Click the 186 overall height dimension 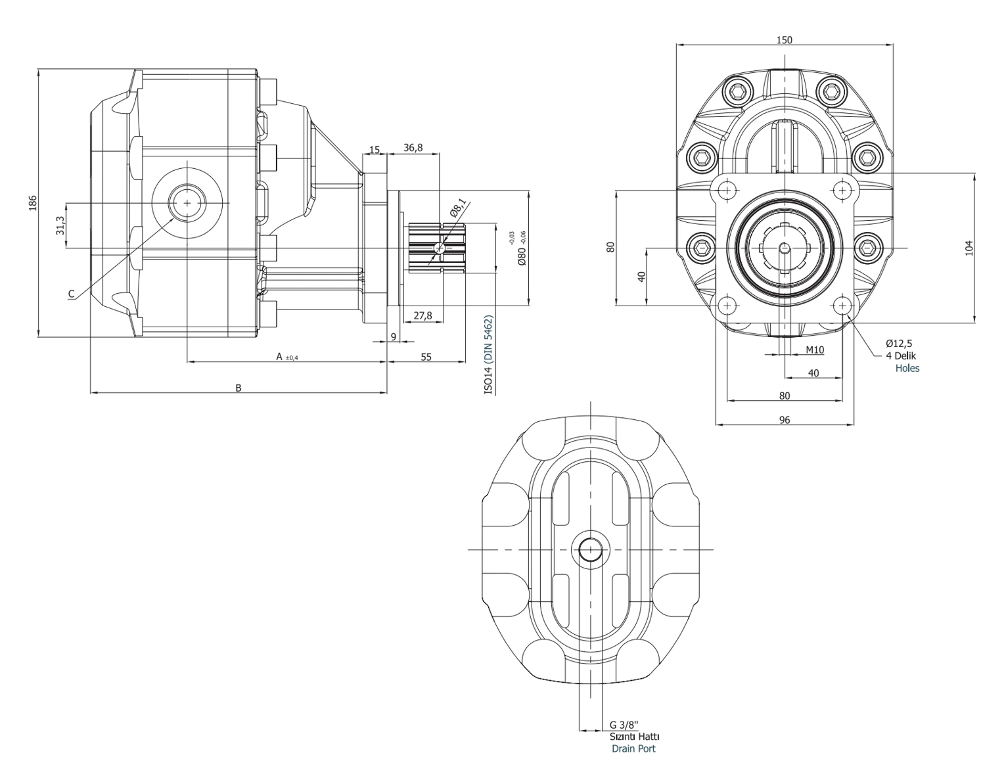[x=33, y=203]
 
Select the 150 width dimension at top [x=784, y=39]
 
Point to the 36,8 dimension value [x=413, y=147]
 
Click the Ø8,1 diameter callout [x=459, y=207]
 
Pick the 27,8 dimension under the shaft [x=422, y=315]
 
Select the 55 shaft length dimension [x=426, y=357]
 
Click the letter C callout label [x=71, y=294]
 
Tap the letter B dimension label [x=239, y=388]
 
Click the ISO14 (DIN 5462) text [x=488, y=354]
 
